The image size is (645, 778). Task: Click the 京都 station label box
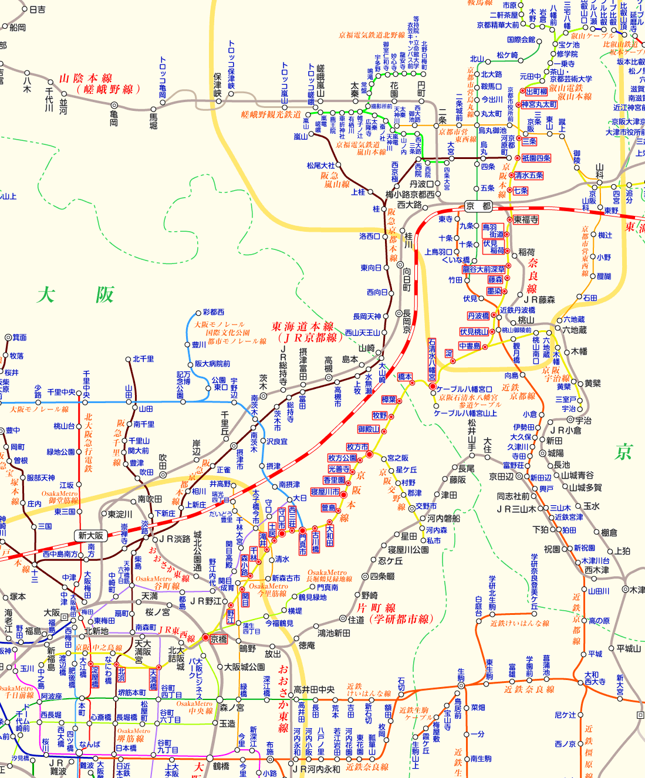pos(478,206)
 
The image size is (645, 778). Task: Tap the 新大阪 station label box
pos(90,535)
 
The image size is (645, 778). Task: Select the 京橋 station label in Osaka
pos(218,639)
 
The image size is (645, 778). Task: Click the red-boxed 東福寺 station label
pos(526,219)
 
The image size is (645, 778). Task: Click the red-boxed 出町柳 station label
pos(536,92)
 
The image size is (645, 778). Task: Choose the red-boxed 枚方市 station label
pos(357,447)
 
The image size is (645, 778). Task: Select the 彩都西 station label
pos(213,312)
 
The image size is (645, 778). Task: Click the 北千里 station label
pos(143,358)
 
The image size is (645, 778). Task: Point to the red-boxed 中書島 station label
pos(470,346)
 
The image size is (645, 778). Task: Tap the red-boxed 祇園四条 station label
pos(536,158)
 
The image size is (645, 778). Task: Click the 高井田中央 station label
pos(314,689)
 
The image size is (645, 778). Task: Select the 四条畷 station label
pos(382,576)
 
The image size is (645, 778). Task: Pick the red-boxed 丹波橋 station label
pos(478,316)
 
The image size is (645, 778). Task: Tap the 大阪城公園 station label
pos(244,667)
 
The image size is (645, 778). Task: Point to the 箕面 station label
pos(19,337)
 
